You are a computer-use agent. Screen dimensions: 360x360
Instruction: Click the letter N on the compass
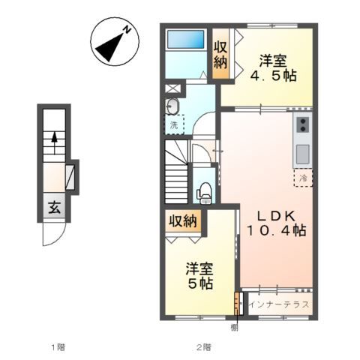pyautogui.click(x=127, y=30)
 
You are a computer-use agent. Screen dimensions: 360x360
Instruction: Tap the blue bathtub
pyautogui.click(x=185, y=39)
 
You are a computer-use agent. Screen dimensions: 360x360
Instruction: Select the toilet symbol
pyautogui.click(x=205, y=193)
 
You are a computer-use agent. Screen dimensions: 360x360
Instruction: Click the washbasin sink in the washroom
pyautogui.click(x=172, y=106)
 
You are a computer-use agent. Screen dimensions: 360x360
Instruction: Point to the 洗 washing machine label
pyautogui.click(x=174, y=125)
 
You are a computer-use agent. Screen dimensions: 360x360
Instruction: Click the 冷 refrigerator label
pyautogui.click(x=304, y=178)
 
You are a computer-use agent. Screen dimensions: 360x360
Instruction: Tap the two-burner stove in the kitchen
pyautogui.click(x=303, y=124)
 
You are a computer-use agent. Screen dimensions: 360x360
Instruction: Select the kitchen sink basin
pyautogui.click(x=302, y=154)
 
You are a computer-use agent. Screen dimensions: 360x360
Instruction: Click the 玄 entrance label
pyautogui.click(x=54, y=207)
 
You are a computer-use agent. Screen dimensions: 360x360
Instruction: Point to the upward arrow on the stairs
pyautogui.click(x=54, y=141)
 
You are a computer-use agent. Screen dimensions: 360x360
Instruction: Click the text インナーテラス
pyautogui.click(x=279, y=304)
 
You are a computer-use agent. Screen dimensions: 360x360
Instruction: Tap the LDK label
pyautogui.click(x=276, y=216)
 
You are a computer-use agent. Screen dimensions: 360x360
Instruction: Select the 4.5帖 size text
pyautogui.click(x=273, y=76)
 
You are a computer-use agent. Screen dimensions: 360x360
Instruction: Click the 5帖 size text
pyautogui.click(x=200, y=283)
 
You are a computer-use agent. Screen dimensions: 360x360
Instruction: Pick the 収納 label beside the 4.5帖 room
pyautogui.click(x=220, y=55)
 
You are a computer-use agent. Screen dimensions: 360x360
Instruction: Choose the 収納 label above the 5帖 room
pyautogui.click(x=183, y=220)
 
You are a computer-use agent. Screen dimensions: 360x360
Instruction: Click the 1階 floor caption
pyautogui.click(x=58, y=347)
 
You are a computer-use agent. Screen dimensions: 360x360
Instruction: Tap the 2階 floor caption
pyautogui.click(x=203, y=347)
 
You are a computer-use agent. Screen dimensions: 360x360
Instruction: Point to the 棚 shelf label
pyautogui.click(x=235, y=327)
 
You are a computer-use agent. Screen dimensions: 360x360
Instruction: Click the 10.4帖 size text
pyautogui.click(x=276, y=230)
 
